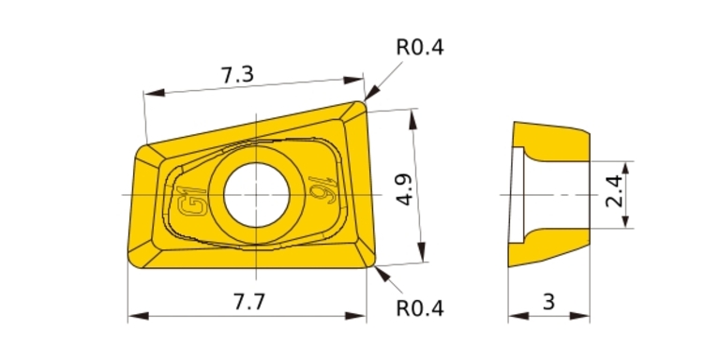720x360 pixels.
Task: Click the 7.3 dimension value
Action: (x=237, y=74)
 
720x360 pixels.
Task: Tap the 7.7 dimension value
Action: (x=249, y=302)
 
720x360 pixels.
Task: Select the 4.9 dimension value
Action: (x=404, y=189)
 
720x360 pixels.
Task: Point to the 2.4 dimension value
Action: (x=614, y=191)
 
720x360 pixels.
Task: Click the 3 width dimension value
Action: (x=548, y=302)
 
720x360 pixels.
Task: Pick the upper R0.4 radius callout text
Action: (x=420, y=47)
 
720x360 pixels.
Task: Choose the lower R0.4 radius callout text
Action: (x=420, y=308)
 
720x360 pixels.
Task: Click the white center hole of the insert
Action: (x=256, y=195)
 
